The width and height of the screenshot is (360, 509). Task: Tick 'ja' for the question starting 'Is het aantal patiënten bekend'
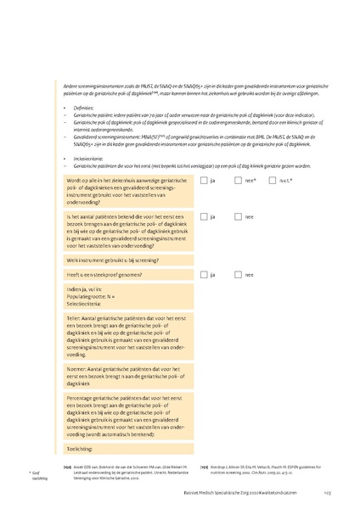coord(204,216)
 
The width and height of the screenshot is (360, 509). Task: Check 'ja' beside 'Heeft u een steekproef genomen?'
coord(204,274)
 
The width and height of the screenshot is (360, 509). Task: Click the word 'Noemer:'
coord(76,369)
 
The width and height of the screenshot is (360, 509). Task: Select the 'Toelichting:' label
coord(81,448)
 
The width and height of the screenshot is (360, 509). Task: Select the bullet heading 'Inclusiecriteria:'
coord(89,158)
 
